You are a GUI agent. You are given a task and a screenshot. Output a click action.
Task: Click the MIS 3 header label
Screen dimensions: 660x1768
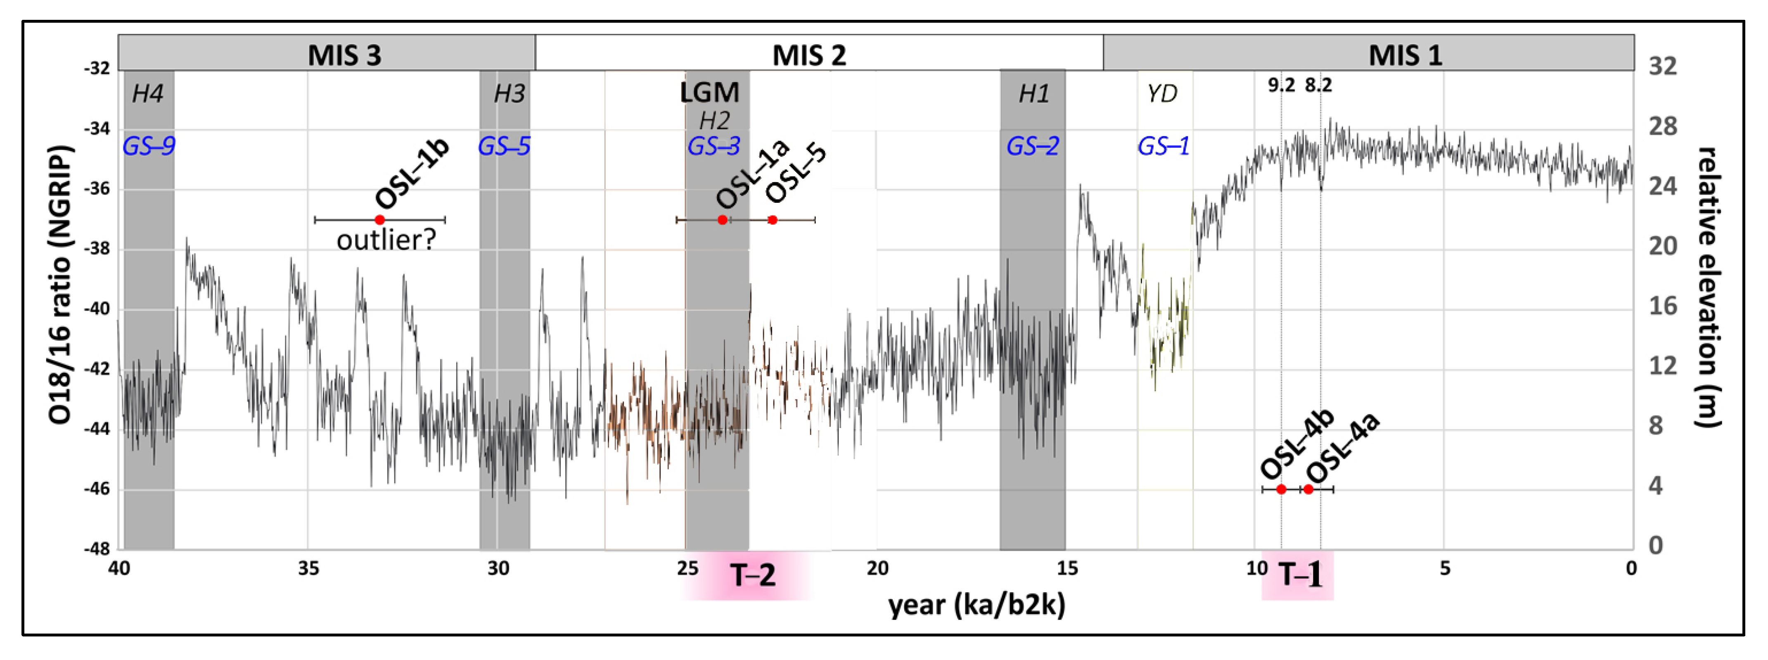tap(344, 55)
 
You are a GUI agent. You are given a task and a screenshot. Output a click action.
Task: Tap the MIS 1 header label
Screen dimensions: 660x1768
tap(1405, 55)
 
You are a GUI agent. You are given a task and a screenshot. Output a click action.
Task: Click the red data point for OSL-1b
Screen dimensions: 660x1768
tap(379, 220)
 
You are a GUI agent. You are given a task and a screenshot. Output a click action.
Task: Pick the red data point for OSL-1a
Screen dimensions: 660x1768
tap(722, 220)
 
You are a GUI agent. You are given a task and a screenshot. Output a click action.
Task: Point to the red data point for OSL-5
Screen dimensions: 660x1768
tap(772, 220)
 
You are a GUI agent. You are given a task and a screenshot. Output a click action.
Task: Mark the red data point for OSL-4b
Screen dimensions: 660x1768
tap(1281, 489)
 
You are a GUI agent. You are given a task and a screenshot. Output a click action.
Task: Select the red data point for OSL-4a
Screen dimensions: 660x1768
tap(1308, 489)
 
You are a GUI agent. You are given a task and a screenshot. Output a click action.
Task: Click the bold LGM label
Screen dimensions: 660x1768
tap(710, 93)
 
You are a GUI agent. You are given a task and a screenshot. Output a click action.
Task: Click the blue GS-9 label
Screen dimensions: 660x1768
tap(149, 146)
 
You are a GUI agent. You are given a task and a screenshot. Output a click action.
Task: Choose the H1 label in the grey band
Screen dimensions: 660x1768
tap(1033, 93)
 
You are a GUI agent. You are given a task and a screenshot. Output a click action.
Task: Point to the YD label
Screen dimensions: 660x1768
tap(1161, 93)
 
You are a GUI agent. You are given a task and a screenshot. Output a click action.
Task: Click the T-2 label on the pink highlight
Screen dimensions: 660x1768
tap(753, 575)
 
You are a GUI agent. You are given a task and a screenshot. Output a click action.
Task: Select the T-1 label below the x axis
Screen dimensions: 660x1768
tap(1300, 575)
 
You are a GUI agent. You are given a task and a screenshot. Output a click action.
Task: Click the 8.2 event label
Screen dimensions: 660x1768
tap(1318, 85)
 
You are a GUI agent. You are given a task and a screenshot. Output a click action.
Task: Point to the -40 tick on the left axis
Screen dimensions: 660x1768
tap(96, 309)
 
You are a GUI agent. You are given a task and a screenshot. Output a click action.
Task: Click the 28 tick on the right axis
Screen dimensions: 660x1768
tap(1662, 126)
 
